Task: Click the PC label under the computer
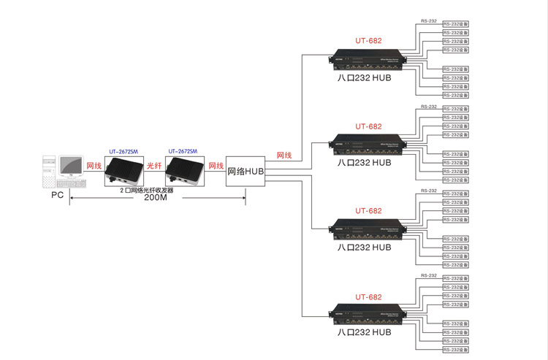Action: (58, 196)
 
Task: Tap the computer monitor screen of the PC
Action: (71, 167)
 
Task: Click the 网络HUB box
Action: (246, 172)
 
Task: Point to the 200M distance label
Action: (155, 198)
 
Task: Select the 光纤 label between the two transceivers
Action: (154, 166)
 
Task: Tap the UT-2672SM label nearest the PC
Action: (123, 150)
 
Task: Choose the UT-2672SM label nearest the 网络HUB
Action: (183, 150)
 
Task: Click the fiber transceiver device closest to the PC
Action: (123, 169)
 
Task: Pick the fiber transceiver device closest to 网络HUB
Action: (184, 169)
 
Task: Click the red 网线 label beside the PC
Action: (94, 166)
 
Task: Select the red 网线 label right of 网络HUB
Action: (284, 156)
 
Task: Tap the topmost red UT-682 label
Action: (368, 41)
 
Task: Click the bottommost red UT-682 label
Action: (368, 296)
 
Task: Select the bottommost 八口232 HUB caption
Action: (365, 332)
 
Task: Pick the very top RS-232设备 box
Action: (456, 23)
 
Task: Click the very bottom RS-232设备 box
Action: (456, 350)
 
